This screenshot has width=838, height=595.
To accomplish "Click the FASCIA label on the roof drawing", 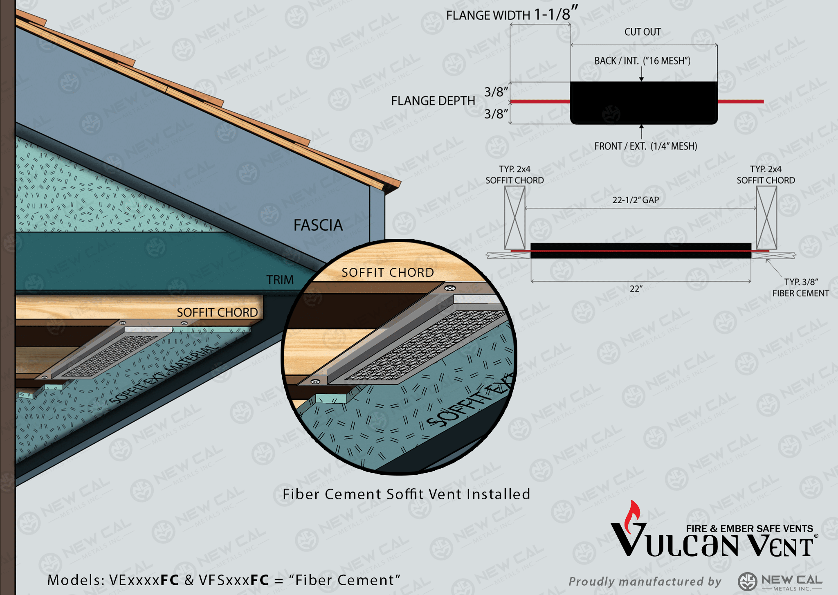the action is [318, 225].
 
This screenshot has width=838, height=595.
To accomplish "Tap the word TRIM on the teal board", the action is [280, 280].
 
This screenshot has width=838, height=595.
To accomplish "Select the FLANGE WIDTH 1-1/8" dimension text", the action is [512, 14].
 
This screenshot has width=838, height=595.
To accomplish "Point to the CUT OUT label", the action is [643, 32].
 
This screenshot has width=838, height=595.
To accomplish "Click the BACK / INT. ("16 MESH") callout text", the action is [643, 61].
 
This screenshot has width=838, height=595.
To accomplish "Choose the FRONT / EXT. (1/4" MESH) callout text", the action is [646, 146].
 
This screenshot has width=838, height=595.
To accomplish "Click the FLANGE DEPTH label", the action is [433, 101].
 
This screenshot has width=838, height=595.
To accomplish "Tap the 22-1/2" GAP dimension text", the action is [636, 200].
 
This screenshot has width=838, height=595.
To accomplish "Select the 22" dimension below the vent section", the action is [636, 289].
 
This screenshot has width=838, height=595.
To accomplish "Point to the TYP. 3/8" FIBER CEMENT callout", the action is [800, 287].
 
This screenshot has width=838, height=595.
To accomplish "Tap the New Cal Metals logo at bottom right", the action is [780, 582].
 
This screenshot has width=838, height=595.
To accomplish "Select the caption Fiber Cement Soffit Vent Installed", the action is [407, 494].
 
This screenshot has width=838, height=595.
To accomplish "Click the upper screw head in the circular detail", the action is [450, 288].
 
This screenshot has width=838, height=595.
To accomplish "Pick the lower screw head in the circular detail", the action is [315, 382].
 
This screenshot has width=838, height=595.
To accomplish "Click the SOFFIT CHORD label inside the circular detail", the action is [388, 272].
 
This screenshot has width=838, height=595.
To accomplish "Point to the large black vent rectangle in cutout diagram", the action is [644, 103].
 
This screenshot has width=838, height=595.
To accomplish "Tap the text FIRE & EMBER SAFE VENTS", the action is [750, 529].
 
